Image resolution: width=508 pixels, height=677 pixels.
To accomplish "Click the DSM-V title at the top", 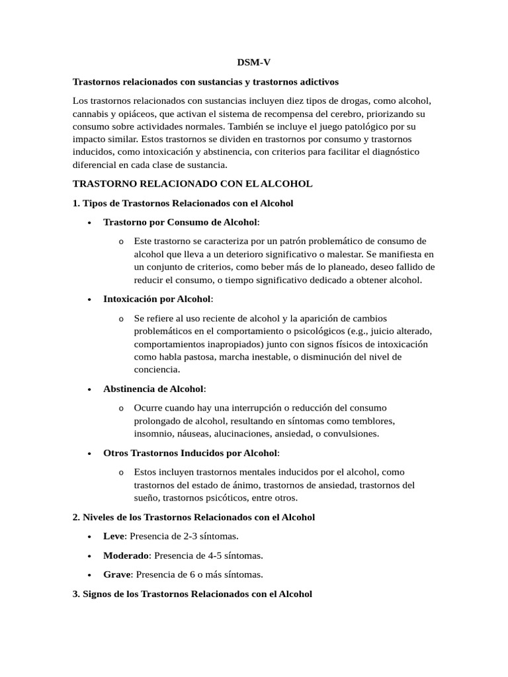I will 254,62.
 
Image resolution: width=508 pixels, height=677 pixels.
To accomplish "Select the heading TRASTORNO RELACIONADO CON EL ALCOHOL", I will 192,184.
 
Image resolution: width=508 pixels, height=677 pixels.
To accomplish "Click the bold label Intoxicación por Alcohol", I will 157,299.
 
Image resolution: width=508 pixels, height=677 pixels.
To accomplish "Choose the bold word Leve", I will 114,536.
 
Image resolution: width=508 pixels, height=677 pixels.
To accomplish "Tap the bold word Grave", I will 117,575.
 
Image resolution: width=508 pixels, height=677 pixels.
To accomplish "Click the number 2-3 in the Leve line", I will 189,536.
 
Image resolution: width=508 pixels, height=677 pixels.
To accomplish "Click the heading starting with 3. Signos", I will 192,594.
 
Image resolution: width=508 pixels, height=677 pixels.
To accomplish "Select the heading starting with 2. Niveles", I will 193,517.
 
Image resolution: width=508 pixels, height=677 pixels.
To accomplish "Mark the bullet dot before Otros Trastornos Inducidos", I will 89,454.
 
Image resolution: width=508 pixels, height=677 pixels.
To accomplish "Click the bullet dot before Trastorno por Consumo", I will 89,223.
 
